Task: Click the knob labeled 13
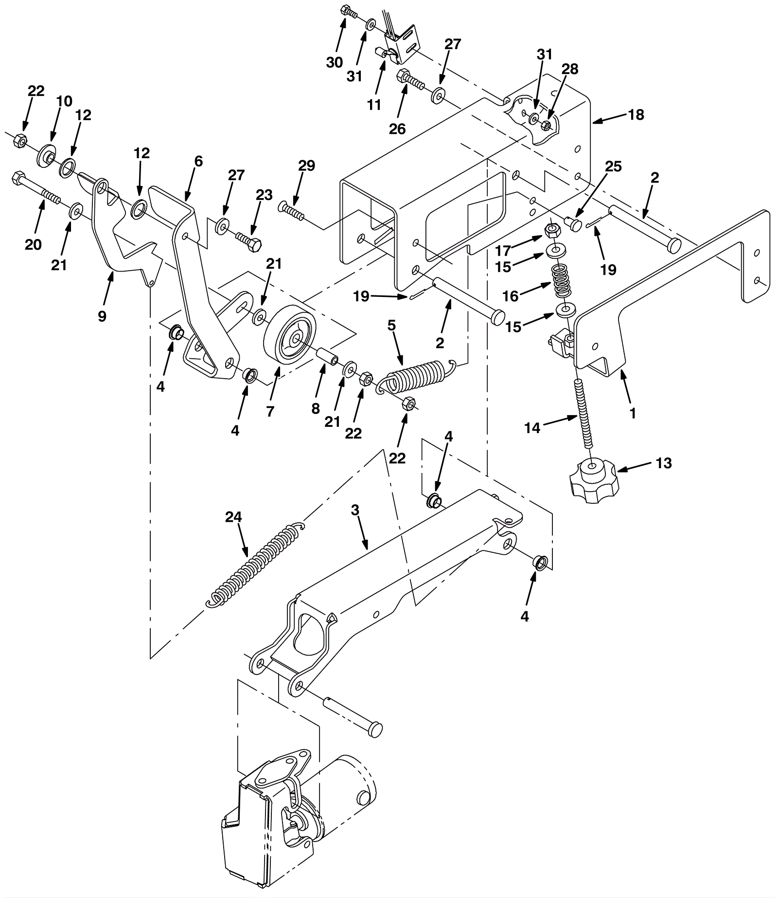(x=593, y=482)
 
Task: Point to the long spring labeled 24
(x=255, y=565)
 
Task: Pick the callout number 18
(x=636, y=115)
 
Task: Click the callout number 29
(x=307, y=165)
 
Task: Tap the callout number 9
(x=102, y=316)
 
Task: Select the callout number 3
(x=355, y=511)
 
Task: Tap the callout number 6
(x=198, y=161)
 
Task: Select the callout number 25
(x=614, y=166)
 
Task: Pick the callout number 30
(x=335, y=62)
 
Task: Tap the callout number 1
(x=633, y=413)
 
